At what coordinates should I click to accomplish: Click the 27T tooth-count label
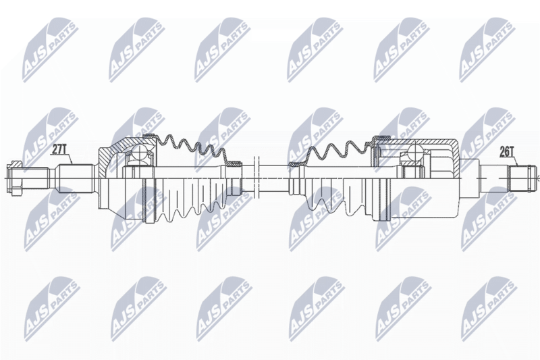point(59,149)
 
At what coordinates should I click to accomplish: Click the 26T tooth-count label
point(507,151)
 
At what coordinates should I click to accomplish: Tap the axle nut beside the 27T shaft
point(15,178)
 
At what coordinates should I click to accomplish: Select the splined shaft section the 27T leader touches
point(76,178)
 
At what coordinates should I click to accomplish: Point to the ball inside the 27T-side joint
point(140,152)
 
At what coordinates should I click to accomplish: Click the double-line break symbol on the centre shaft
point(256,178)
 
